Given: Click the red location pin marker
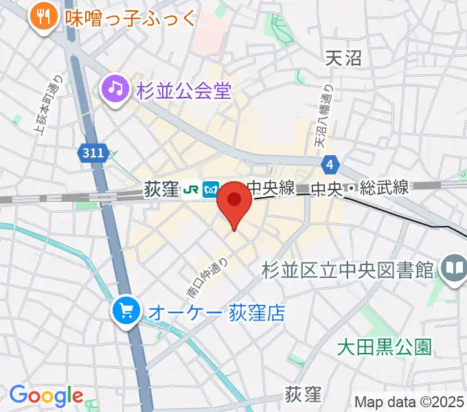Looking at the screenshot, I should tap(234, 201).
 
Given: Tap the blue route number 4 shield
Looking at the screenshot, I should tap(330, 164).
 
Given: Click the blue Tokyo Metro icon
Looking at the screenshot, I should tap(211, 188).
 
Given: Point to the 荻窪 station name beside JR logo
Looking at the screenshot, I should tap(161, 188).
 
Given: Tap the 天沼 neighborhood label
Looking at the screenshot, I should tap(343, 58).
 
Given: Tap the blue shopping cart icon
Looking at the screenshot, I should tap(126, 312).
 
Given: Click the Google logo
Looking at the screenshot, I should tap(45, 396).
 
